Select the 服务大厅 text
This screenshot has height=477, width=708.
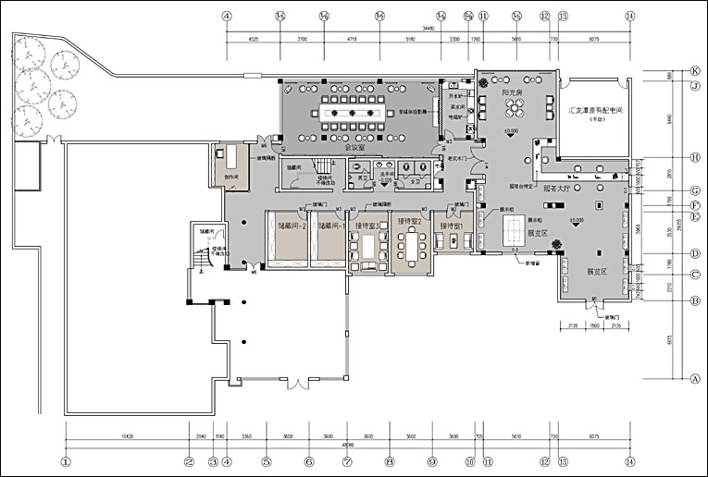557,188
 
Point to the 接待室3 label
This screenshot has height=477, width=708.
368,225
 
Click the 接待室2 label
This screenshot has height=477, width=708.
410,222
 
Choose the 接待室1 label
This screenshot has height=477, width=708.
453,225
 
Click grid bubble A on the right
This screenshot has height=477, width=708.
693,378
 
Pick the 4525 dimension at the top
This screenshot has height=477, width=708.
253,40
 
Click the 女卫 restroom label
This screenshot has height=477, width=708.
416,181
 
